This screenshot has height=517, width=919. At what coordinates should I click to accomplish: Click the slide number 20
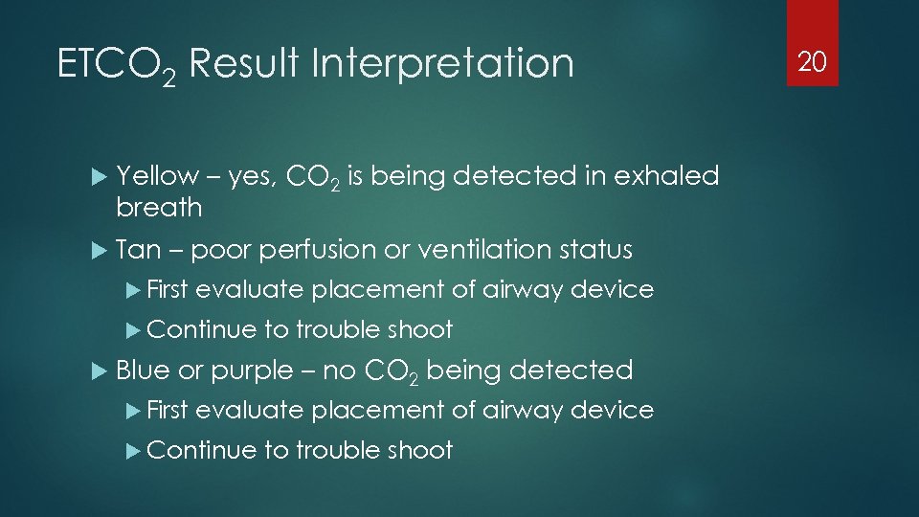point(812,62)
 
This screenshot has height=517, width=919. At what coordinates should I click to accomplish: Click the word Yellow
point(156,176)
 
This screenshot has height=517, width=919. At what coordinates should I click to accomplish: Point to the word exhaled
point(667,176)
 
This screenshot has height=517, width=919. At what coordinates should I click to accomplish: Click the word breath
point(159,207)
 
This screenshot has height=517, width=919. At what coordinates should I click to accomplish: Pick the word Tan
point(138,250)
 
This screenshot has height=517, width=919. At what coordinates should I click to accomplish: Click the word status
point(597,250)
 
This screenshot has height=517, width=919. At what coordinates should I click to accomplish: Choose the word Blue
point(143,370)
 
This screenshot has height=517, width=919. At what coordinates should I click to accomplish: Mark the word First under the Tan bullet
point(168,290)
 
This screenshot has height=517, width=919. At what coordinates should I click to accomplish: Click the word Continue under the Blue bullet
point(202,450)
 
